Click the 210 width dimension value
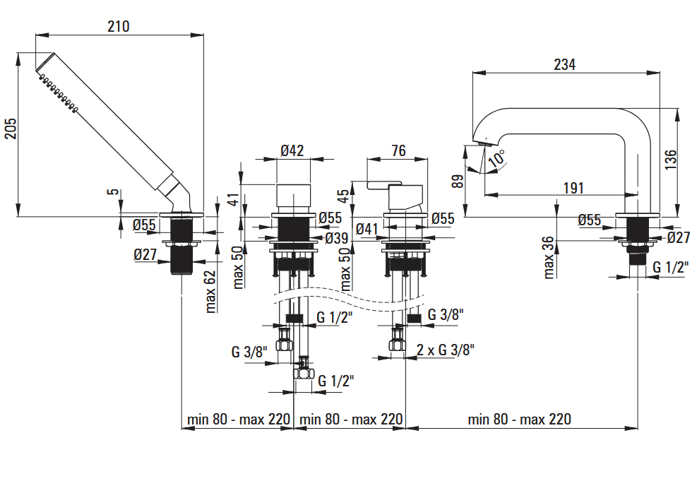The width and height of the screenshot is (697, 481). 119,26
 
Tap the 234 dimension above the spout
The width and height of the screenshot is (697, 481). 564,64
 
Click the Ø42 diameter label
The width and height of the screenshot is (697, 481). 292,150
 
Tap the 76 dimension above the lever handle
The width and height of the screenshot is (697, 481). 398,150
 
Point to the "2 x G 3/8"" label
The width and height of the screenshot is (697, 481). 445,349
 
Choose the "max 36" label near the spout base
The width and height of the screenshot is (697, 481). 550,256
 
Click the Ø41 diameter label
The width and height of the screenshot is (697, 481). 369,229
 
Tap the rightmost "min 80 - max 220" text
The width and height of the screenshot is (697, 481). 519,419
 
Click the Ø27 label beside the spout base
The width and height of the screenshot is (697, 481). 678,237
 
